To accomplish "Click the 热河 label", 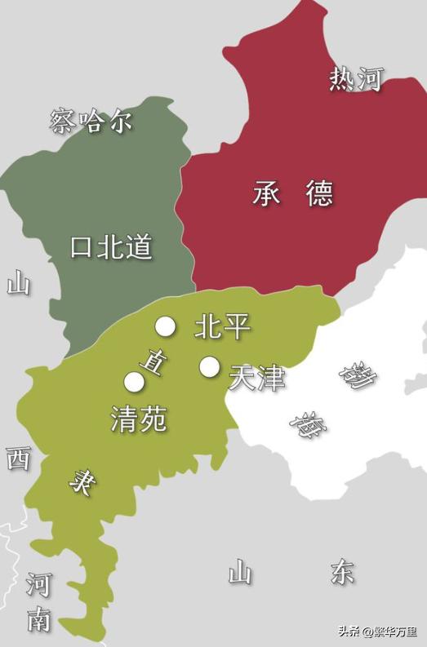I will pos(356,79).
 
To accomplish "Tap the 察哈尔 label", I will pos(91,122).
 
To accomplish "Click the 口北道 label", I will pos(111,247).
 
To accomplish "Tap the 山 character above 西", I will pos(18,283).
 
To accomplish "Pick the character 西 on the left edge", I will pos(18,459).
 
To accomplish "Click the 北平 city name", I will pos(222,327).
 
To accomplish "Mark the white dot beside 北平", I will pos(166,327).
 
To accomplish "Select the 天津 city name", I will pos(256,378).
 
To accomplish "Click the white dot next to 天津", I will pos(210,367).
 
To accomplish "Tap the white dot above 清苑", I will pos(134,381).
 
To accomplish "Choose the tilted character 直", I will pos(153,360).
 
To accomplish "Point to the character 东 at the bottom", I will pos(342,572).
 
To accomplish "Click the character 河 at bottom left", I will pos(38,584).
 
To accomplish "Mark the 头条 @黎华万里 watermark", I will pos(377,631).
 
